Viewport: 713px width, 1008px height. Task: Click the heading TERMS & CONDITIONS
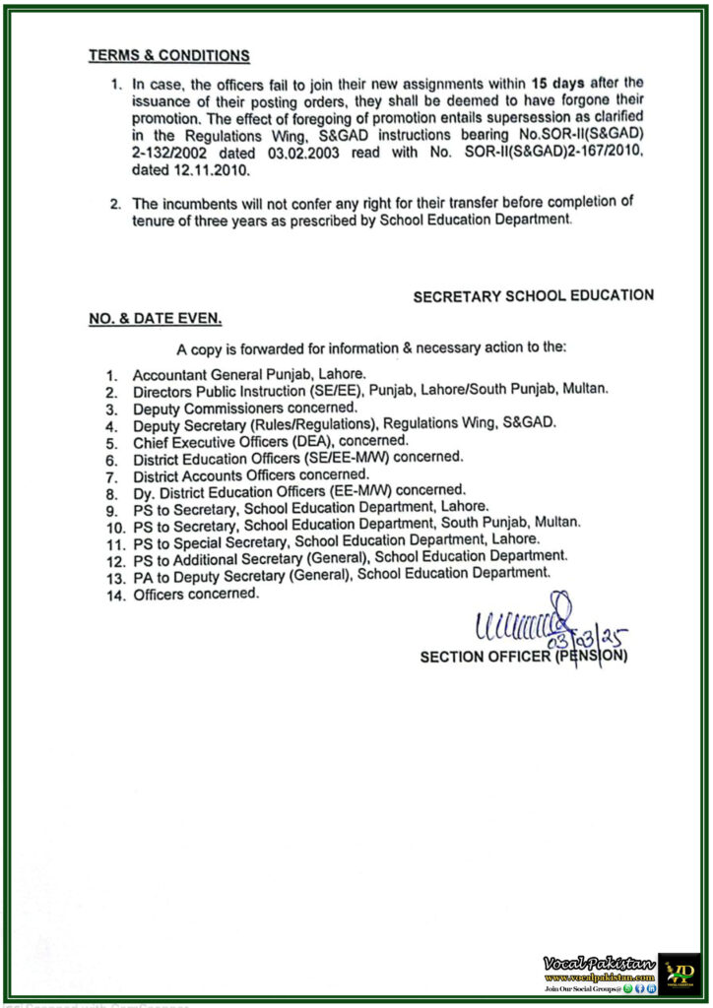(x=168, y=56)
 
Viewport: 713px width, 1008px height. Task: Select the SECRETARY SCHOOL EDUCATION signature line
(x=533, y=295)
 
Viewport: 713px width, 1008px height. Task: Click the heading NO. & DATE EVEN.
(x=155, y=319)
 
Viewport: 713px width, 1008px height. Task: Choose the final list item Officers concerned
(x=196, y=595)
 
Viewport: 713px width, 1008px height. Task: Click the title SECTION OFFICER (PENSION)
(x=523, y=657)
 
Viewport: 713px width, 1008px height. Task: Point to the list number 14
(x=114, y=596)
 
